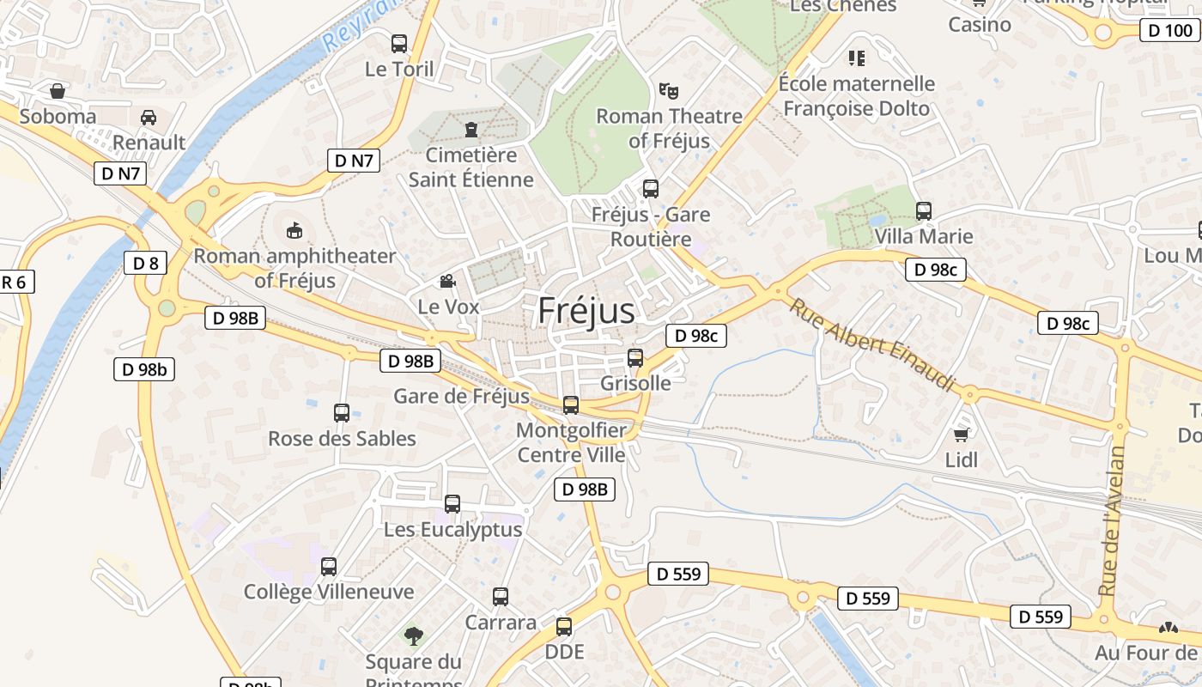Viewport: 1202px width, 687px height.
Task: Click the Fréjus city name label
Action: click(586, 311)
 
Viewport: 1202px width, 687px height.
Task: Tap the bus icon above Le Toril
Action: click(399, 43)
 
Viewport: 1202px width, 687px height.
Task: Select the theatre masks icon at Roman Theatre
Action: click(668, 89)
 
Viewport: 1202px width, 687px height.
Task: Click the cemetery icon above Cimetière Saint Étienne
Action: click(470, 130)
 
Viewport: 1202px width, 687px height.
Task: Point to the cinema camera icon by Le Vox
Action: click(447, 281)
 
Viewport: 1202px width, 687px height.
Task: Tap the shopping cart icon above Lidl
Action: click(962, 435)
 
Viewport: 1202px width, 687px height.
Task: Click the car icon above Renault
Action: click(149, 117)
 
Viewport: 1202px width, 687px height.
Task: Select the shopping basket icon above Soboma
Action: click(58, 91)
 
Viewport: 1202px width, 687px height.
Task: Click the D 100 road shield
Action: click(1170, 31)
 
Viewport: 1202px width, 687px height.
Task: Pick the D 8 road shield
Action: click(145, 263)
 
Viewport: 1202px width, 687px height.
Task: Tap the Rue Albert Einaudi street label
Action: click(871, 345)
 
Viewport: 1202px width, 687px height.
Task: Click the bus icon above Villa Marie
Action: click(924, 210)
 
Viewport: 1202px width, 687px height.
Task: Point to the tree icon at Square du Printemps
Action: click(414, 636)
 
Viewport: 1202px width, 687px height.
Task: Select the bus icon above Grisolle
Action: click(635, 358)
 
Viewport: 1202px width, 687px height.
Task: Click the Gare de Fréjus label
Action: click(461, 396)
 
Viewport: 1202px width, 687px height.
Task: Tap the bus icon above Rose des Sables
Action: click(342, 413)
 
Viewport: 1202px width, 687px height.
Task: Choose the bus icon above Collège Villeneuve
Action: click(329, 567)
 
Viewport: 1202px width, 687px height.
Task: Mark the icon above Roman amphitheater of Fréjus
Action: click(294, 230)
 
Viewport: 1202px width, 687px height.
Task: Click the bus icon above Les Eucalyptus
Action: click(452, 504)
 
